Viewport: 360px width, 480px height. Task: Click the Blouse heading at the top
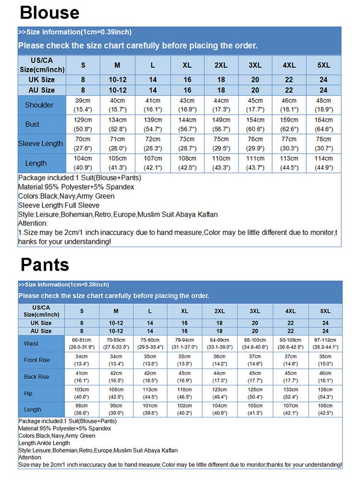click(50, 12)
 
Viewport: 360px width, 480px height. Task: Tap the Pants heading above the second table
click(45, 264)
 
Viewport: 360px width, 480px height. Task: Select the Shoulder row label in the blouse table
click(39, 105)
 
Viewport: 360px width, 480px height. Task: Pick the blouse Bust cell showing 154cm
click(255, 124)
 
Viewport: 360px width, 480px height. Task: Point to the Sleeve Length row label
click(40, 144)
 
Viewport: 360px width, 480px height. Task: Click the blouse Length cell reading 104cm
click(83, 163)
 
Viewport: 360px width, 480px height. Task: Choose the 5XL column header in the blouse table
click(324, 65)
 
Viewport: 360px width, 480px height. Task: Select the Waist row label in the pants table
click(31, 344)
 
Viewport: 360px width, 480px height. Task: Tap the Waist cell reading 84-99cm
click(219, 344)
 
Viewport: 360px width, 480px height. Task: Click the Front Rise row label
click(37, 360)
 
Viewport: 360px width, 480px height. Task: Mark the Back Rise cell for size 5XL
click(325, 377)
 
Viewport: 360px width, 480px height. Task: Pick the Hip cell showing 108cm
click(116, 393)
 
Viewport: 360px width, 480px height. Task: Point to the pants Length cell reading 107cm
click(290, 409)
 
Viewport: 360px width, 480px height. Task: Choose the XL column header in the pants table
click(185, 311)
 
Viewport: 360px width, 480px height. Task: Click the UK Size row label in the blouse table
click(42, 80)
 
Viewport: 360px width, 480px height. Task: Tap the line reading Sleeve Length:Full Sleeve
click(59, 205)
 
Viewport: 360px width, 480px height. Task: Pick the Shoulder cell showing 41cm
click(153, 105)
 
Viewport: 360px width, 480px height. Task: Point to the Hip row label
click(28, 394)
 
